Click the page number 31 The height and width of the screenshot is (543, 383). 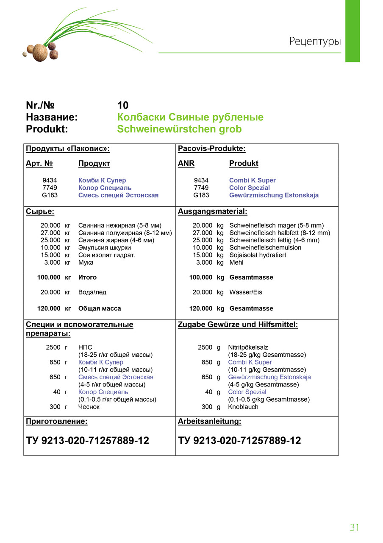[354, 527]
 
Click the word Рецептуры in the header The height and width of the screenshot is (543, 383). [315, 42]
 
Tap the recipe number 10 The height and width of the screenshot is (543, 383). [122, 105]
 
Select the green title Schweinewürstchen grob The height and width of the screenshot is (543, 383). [179, 129]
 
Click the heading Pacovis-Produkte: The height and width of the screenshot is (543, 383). [211, 148]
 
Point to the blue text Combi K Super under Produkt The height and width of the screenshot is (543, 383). [252, 180]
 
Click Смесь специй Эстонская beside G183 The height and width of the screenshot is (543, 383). [118, 195]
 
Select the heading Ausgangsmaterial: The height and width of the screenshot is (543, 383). [212, 211]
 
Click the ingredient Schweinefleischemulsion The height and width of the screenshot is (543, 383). [265, 248]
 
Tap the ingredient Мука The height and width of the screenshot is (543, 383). [86, 263]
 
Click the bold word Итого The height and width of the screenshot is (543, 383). [87, 277]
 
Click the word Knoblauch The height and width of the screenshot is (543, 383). [243, 407]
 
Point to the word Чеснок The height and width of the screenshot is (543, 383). [89, 407]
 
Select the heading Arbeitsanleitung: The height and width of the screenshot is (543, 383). [209, 422]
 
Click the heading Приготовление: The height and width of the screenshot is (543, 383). [57, 422]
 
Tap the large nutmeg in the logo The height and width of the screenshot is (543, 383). [39, 53]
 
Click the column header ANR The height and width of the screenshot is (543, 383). [186, 163]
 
